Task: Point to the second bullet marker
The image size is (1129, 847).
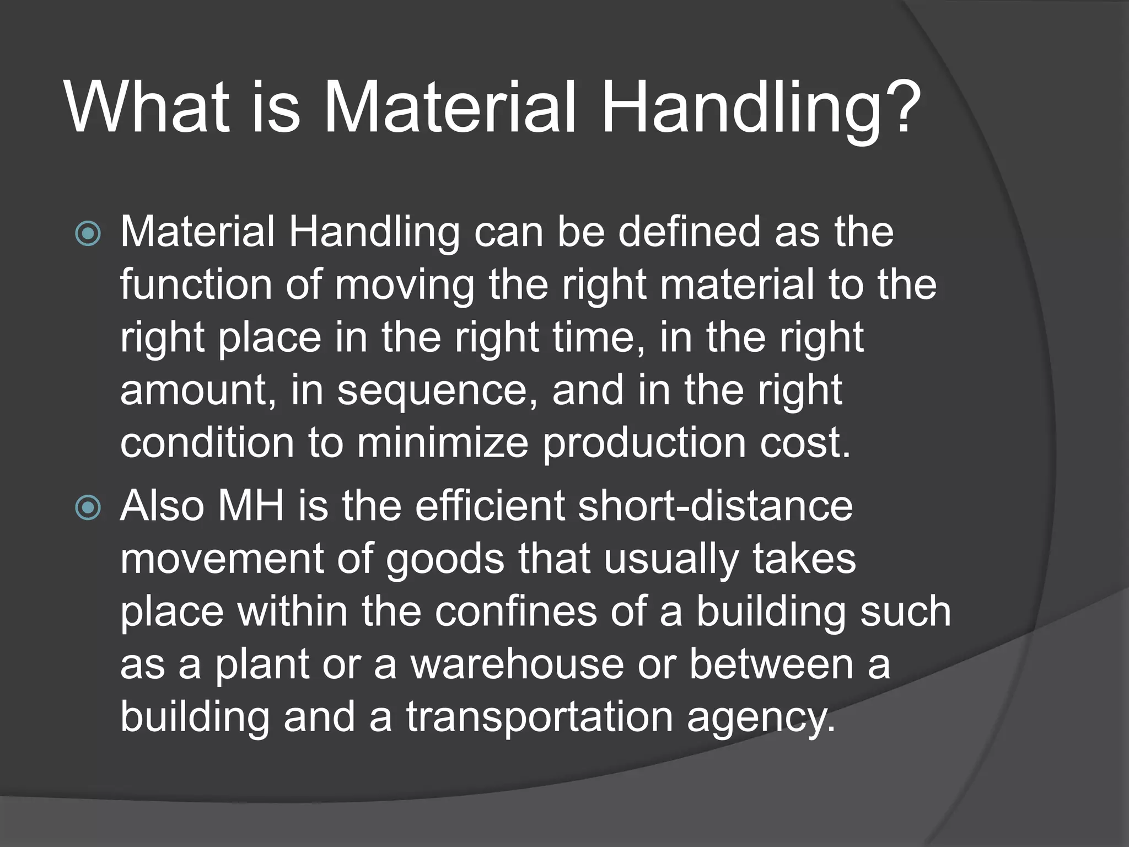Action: click(x=88, y=507)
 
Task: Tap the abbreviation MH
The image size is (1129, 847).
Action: click(x=251, y=506)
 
